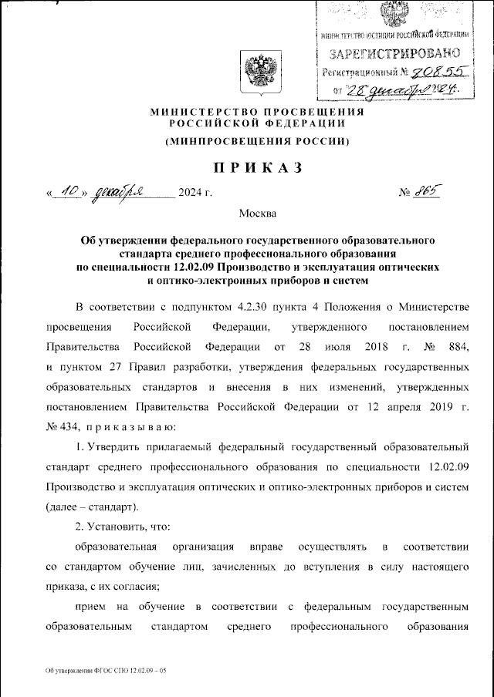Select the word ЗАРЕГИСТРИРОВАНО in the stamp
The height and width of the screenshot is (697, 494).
pyautogui.click(x=395, y=54)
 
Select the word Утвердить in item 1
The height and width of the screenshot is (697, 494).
pyautogui.click(x=112, y=446)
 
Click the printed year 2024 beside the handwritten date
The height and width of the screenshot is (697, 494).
pyautogui.click(x=190, y=192)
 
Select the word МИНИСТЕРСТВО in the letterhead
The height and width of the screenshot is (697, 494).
pyautogui.click(x=199, y=113)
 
